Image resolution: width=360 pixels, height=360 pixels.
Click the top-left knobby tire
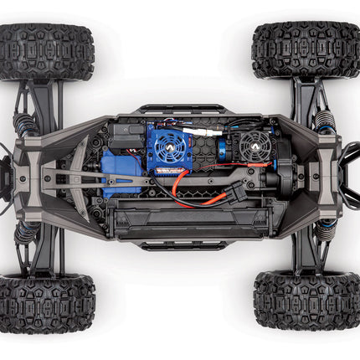(x=46, y=52)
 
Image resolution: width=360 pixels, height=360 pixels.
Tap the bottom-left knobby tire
(x=46, y=303)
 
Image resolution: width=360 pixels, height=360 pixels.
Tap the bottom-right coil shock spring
(x=325, y=231)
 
